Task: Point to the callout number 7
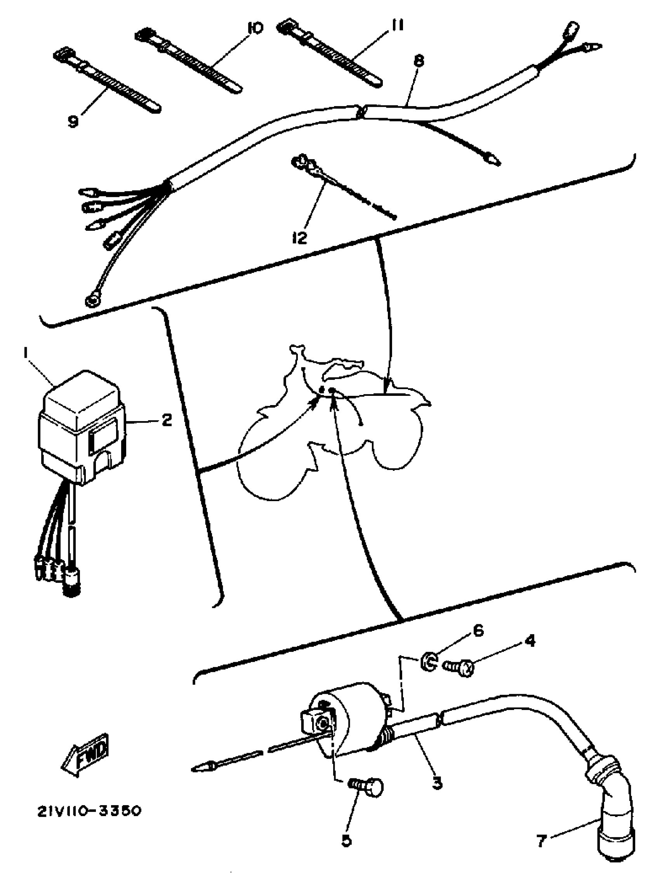coord(542,839)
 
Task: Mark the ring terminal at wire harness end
coord(92,301)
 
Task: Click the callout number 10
coord(256,28)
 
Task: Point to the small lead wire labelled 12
coord(344,188)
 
